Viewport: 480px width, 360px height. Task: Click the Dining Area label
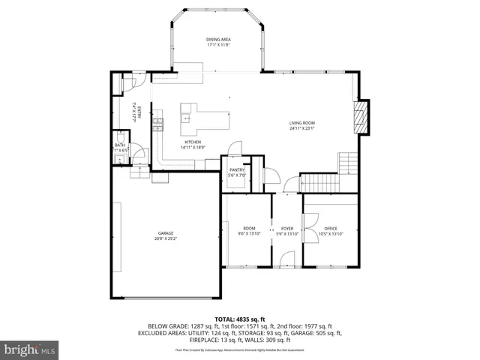pos(217,39)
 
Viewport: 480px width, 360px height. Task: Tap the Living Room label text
pos(302,123)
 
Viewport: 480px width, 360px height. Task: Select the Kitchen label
pos(193,142)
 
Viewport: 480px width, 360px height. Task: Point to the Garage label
pos(165,233)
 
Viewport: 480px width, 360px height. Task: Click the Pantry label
pos(237,170)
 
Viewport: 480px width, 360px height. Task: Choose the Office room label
pos(331,228)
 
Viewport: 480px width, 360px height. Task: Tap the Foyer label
pos(287,228)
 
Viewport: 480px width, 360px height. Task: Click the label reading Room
pos(249,228)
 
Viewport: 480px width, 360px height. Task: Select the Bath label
pos(118,145)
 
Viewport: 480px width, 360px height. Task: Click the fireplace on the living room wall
pos(362,118)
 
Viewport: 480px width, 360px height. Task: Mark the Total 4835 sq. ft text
pos(239,319)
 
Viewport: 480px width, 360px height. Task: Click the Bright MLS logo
pos(30,349)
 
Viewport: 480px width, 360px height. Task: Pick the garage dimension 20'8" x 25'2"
pos(166,238)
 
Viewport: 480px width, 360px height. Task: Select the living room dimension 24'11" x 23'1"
pos(303,128)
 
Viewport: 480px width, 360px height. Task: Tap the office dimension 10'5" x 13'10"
pos(331,234)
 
